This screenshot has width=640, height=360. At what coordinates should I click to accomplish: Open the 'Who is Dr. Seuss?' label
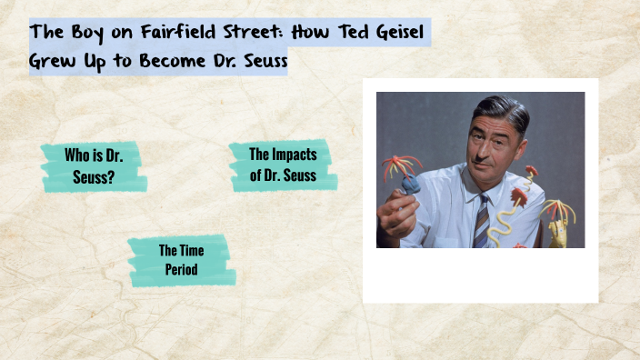pos(94,165)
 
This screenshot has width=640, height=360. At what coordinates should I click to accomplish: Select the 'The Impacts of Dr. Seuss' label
pos(283,165)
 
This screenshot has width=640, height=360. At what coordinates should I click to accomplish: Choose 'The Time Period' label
pos(181,260)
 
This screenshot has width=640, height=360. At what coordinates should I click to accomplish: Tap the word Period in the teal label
pos(181,270)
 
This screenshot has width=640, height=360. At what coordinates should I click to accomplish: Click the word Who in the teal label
pos(76,155)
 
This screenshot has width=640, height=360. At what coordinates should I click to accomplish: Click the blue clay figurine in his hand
pos(411,185)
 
